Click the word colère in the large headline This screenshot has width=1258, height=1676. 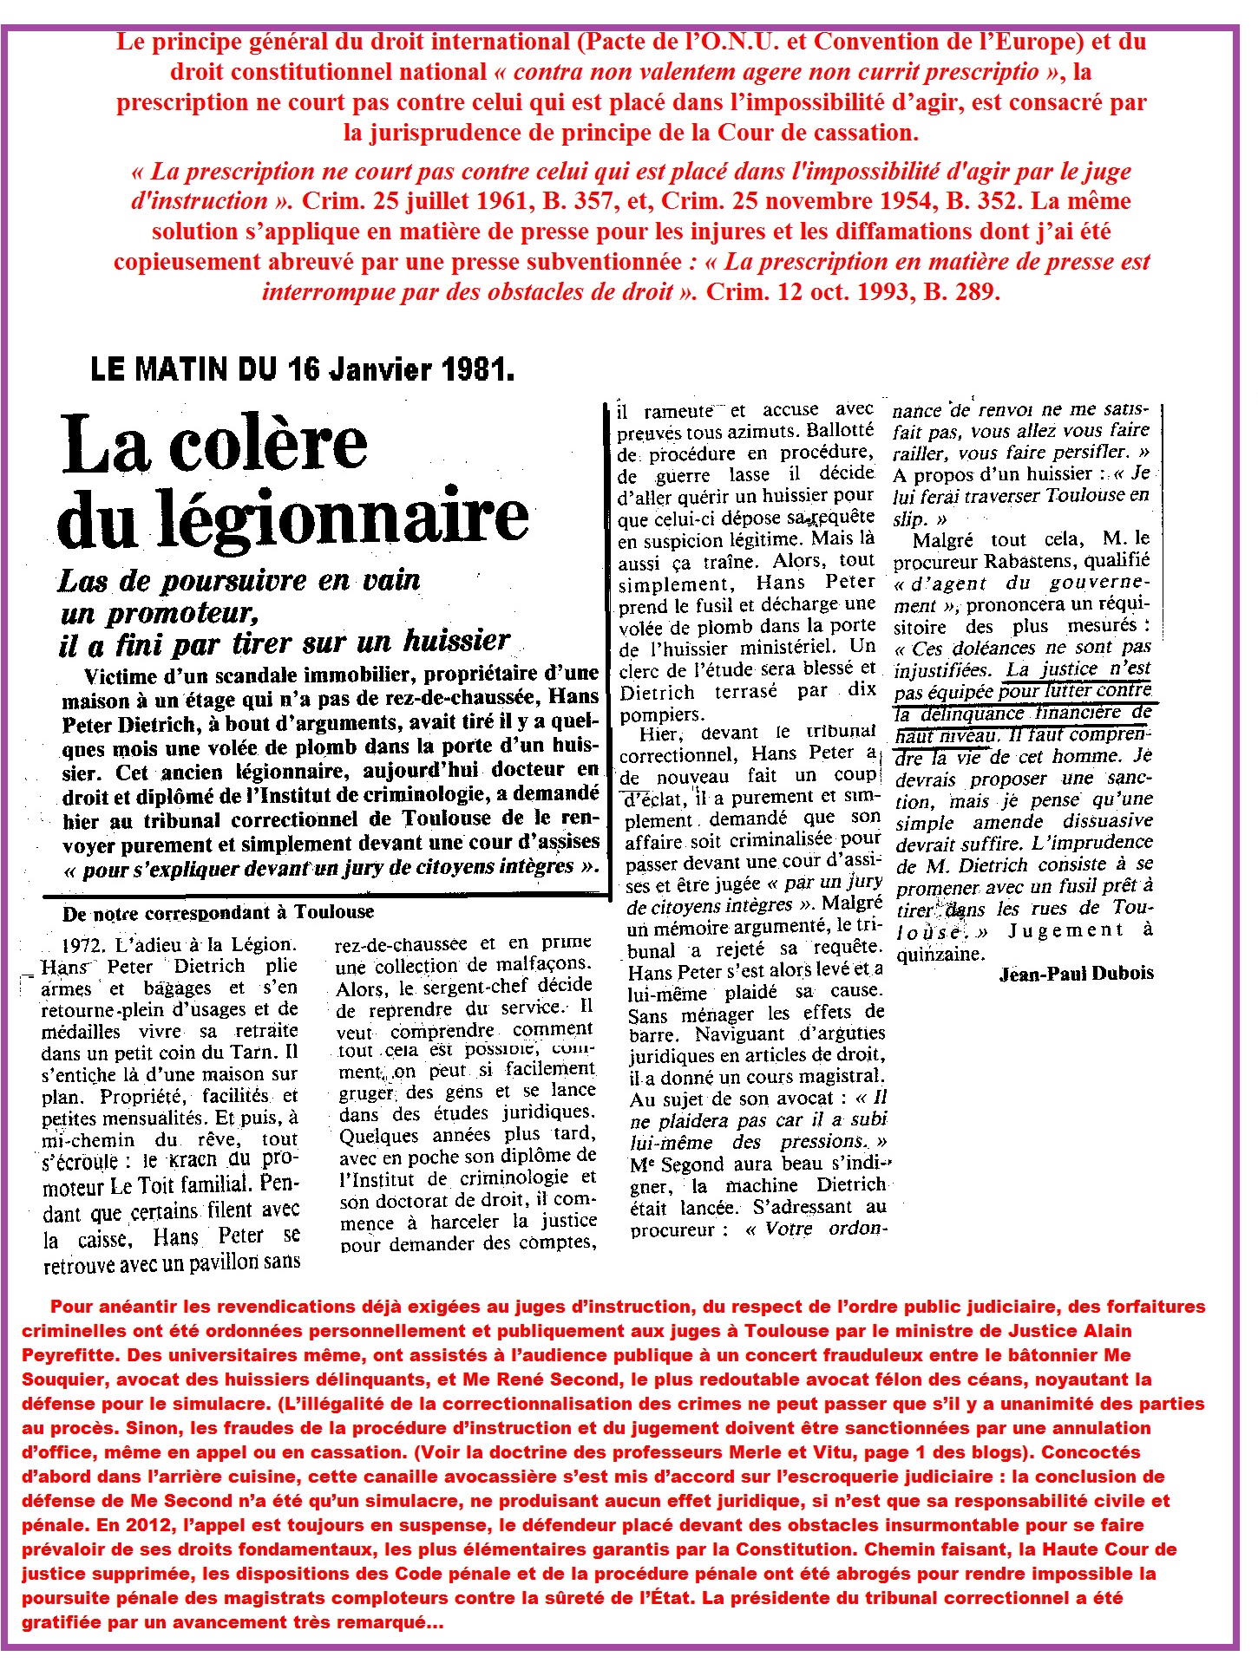pos(268,444)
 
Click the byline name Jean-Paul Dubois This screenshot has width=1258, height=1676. pos(1076,974)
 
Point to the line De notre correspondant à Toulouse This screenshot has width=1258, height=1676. pos(218,912)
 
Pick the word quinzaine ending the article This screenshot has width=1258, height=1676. pos(940,954)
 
